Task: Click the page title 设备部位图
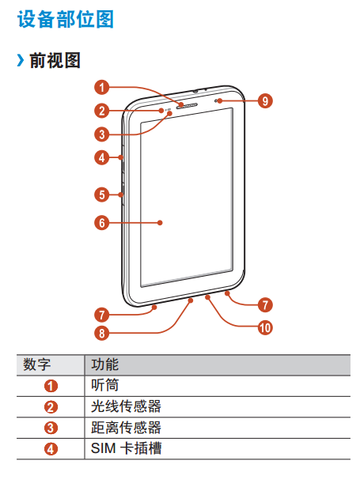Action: click(x=65, y=20)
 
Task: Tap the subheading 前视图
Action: click(x=55, y=60)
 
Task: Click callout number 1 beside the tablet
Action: click(x=102, y=87)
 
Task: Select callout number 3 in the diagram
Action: click(x=102, y=134)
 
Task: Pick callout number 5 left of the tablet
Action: click(x=102, y=195)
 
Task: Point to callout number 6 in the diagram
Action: click(x=102, y=223)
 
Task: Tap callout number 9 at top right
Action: click(x=265, y=101)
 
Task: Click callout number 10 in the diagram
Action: click(x=265, y=327)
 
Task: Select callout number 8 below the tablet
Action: click(x=102, y=333)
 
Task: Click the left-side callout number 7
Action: click(x=102, y=315)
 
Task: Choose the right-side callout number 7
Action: click(x=265, y=304)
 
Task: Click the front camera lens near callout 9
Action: click(x=217, y=100)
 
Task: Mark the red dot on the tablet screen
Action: click(x=160, y=223)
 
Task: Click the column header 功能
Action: click(x=104, y=364)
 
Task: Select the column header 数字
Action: click(x=36, y=364)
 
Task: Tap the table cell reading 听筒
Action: click(x=104, y=386)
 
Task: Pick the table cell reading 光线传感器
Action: click(x=126, y=406)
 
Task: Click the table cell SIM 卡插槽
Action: click(x=126, y=448)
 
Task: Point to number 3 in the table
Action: click(x=51, y=428)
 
